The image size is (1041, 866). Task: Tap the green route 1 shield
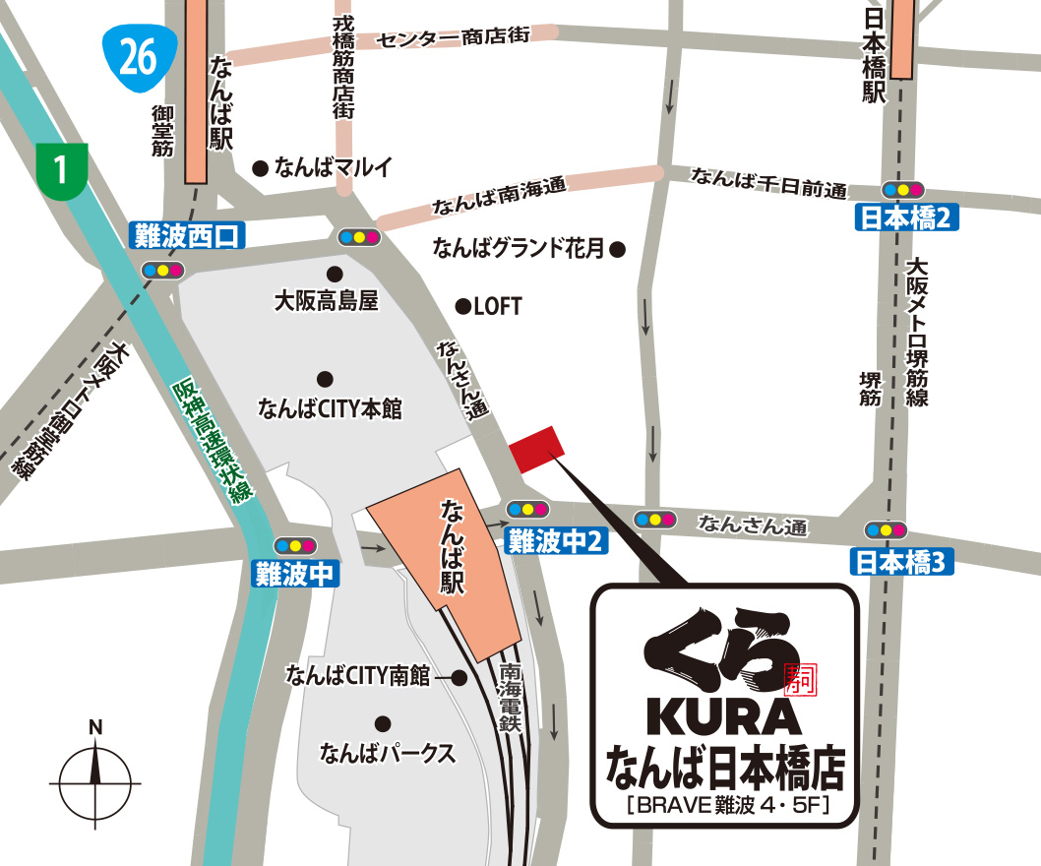62,169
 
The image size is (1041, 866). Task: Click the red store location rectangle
536,448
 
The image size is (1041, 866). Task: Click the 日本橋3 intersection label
900,562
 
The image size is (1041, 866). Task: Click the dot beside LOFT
461,307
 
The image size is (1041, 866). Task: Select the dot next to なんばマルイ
261,168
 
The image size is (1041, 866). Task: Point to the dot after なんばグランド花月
617,250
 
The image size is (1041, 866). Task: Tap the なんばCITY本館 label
330,408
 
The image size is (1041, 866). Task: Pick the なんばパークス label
387,754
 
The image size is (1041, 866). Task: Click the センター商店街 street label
454,36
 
